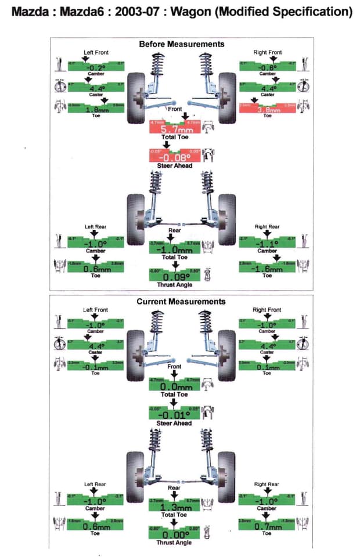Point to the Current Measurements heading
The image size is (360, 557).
pyautogui.click(x=181, y=302)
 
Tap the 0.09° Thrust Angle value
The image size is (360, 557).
pyautogui.click(x=174, y=277)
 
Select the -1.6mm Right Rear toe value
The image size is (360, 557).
pyautogui.click(x=267, y=269)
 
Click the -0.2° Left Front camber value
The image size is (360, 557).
pyautogui.click(x=96, y=67)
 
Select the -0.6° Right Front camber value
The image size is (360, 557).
pyautogui.click(x=267, y=67)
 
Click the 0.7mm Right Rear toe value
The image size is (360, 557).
pyautogui.click(x=267, y=526)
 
